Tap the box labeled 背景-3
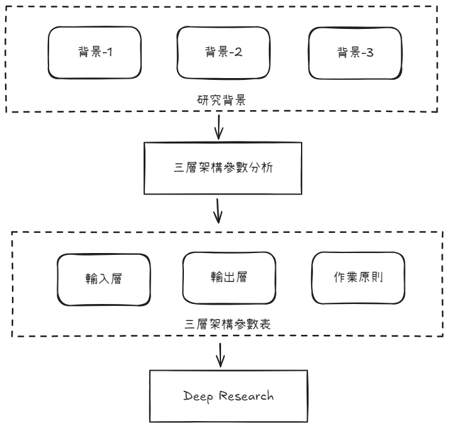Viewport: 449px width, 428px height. coord(355,53)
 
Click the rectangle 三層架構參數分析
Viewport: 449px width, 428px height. coord(224,169)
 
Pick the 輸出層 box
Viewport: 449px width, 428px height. coord(229,278)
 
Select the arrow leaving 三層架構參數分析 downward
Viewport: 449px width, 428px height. coord(219,210)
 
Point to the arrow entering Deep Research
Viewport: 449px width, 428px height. coord(219,355)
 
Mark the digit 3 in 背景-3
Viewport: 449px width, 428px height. coord(370,53)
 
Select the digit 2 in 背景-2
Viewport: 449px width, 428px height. coord(239,53)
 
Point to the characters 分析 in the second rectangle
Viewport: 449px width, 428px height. coord(261,169)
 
